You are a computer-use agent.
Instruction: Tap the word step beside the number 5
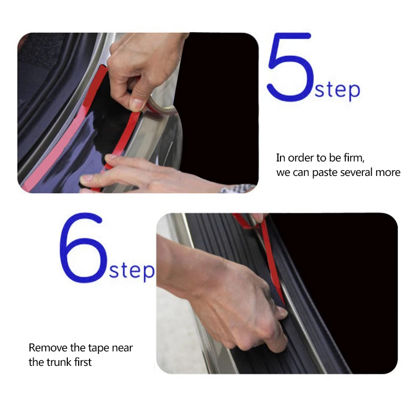point(337,90)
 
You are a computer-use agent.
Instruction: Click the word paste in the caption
point(325,173)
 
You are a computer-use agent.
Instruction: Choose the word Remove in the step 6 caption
point(48,347)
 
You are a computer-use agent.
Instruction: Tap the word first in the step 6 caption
point(83,362)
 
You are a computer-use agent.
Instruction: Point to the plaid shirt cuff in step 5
point(238,188)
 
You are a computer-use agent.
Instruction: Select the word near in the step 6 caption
point(122,348)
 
